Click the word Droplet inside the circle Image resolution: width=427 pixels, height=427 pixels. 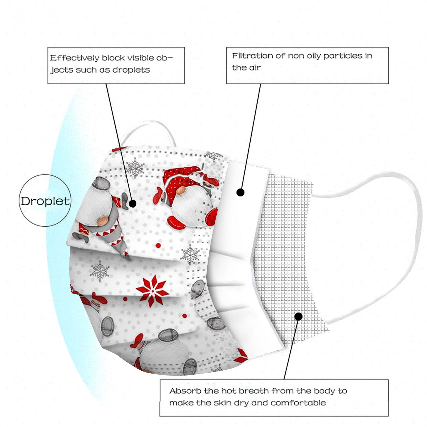coord(45,201)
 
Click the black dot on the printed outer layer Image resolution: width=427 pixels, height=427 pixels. coord(133,204)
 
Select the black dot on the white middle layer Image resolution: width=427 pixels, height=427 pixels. coord(240,192)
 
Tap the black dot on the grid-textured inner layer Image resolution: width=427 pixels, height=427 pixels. coord(299,317)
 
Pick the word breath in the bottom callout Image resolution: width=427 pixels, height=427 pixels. coord(254,391)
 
